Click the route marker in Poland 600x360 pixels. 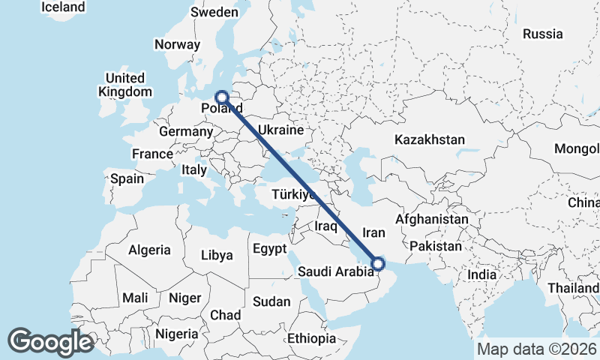point(222,97)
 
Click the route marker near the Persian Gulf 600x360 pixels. point(378,263)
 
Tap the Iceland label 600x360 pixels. point(63,7)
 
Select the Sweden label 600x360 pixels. point(214,12)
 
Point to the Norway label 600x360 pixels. point(178,44)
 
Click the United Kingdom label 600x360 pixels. point(124,85)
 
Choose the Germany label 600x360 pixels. point(186,131)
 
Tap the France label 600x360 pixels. point(152,154)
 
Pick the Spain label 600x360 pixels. point(127,179)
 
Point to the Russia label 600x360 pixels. point(542,34)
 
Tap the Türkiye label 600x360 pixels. point(293,194)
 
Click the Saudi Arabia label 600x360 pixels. point(335,271)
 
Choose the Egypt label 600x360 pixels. point(268,248)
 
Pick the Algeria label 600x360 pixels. point(149,250)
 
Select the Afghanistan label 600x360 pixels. point(431,219)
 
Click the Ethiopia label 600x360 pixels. point(311,338)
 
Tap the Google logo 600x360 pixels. point(51,342)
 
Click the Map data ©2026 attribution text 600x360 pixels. point(536,349)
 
